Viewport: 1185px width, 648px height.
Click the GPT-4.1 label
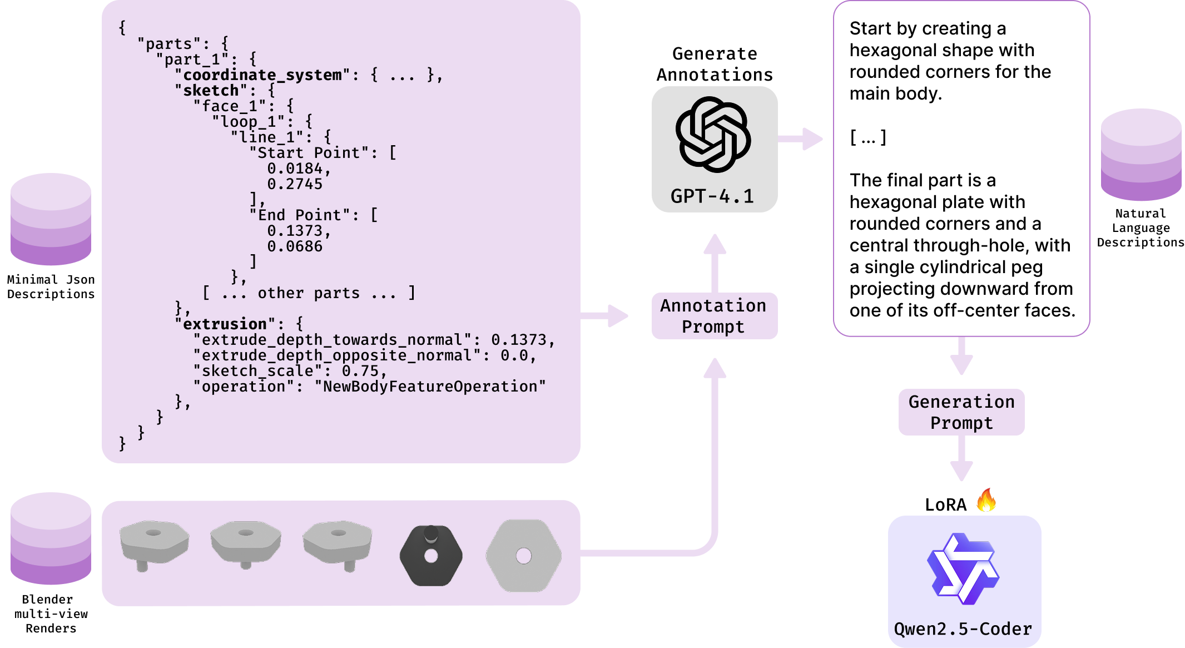pyautogui.click(x=712, y=196)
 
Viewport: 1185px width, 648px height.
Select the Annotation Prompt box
pyautogui.click(x=714, y=316)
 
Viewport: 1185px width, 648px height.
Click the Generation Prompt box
pyautogui.click(x=961, y=412)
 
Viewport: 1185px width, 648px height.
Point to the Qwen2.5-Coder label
pyautogui.click(x=963, y=629)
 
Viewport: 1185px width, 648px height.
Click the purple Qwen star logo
pyautogui.click(x=963, y=569)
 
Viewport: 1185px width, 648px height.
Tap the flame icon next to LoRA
pyautogui.click(x=986, y=500)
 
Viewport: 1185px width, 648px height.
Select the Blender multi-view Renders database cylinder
pyautogui.click(x=51, y=538)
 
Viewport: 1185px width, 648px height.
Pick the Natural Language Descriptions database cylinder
pyautogui.click(x=1141, y=155)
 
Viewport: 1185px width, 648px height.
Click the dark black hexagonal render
pyautogui.click(x=431, y=555)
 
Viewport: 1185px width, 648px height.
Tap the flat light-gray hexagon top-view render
pyautogui.click(x=523, y=556)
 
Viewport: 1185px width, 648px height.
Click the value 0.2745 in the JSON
pyautogui.click(x=295, y=184)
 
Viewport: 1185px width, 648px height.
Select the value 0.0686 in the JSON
pyautogui.click(x=295, y=246)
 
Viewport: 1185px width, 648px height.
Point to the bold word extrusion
pyautogui.click(x=225, y=324)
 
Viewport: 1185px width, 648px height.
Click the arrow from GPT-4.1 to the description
pyautogui.click(x=800, y=139)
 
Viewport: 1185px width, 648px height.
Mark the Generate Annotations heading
pyautogui.click(x=715, y=64)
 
